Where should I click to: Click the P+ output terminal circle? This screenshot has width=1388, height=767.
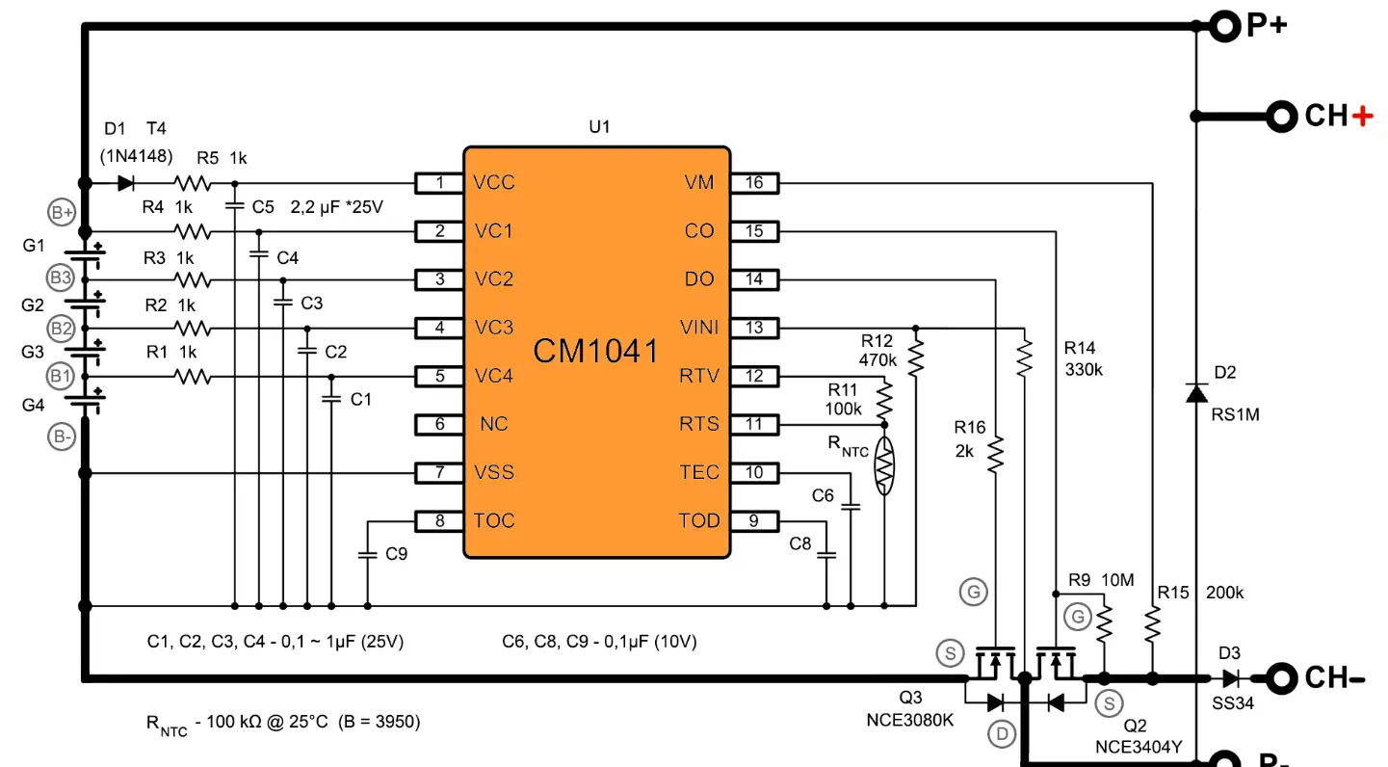click(x=1224, y=27)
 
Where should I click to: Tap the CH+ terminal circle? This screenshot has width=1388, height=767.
click(x=1281, y=117)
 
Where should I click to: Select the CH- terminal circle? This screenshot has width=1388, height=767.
click(x=1281, y=678)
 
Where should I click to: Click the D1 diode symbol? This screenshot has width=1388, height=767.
click(x=126, y=183)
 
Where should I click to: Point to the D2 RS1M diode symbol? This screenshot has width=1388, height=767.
click(x=1196, y=393)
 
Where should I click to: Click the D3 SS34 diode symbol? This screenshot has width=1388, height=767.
click(x=1231, y=678)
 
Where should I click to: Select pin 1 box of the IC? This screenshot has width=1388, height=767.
click(x=439, y=183)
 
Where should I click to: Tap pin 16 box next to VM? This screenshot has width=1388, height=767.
click(x=754, y=183)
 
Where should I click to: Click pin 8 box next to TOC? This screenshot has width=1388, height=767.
click(x=439, y=521)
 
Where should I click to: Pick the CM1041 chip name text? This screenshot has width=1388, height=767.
click(x=595, y=351)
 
